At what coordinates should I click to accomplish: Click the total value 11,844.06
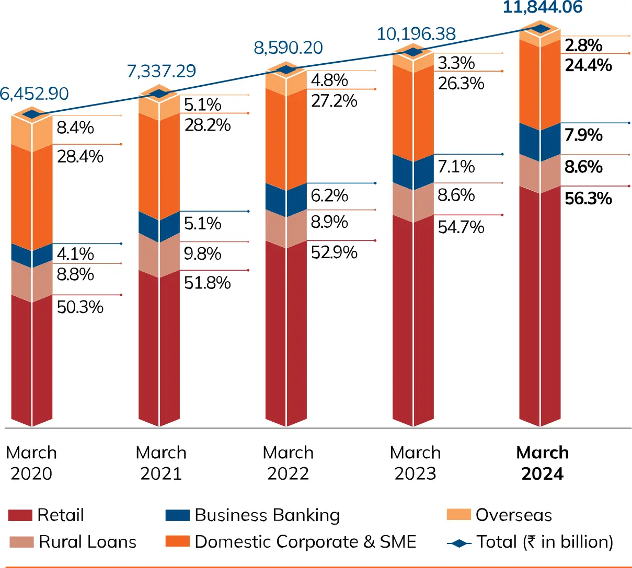pyautogui.click(x=542, y=8)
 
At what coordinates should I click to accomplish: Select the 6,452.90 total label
pyautogui.click(x=34, y=94)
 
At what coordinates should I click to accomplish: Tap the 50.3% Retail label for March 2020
pyautogui.click(x=80, y=307)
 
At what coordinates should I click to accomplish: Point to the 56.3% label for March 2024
pyautogui.click(x=588, y=199)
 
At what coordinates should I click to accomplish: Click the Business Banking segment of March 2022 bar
pyautogui.click(x=286, y=200)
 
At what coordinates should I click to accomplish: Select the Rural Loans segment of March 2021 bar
pyautogui.click(x=159, y=255)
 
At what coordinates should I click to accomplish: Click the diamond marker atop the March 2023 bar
pyautogui.click(x=413, y=52)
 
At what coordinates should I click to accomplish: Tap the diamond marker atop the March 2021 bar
pyautogui.click(x=159, y=94)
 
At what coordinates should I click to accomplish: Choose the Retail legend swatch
pyautogui.click(x=20, y=515)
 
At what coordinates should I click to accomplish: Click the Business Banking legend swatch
pyautogui.click(x=177, y=515)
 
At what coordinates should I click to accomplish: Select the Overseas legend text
pyautogui.click(x=513, y=515)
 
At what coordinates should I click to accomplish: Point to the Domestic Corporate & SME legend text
pyautogui.click(x=305, y=542)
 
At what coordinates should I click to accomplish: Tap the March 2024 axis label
pyautogui.click(x=542, y=463)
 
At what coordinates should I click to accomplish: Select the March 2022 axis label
pyautogui.click(x=288, y=463)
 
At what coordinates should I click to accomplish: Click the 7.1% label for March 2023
pyautogui.click(x=456, y=167)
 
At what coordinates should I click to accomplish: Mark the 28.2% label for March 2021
pyautogui.click(x=208, y=125)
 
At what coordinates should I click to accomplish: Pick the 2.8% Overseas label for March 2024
pyautogui.click(x=583, y=46)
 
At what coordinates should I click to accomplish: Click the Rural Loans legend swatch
pyautogui.click(x=21, y=542)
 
